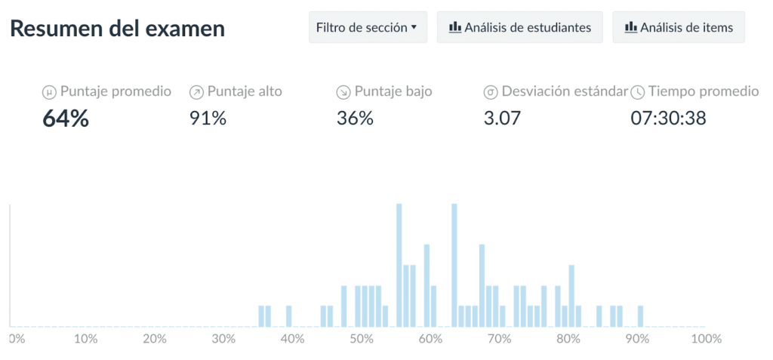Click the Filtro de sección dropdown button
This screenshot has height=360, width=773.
pos(367,28)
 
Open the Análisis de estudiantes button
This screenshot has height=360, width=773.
pos(519,28)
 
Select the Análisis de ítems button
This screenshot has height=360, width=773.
pos(678,28)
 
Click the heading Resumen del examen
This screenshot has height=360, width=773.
pos(117,29)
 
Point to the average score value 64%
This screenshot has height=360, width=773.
pos(66,118)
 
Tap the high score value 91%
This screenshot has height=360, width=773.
pos(208,118)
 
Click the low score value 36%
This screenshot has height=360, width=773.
pos(355,118)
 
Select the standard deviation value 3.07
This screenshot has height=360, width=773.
pos(502,118)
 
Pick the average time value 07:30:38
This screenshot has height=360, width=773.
pos(668,118)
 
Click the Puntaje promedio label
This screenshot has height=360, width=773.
pos(115,91)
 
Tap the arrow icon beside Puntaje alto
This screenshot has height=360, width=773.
pos(196,92)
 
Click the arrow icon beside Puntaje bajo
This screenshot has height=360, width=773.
pos(343,92)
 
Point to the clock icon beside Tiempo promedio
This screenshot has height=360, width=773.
pos(638,92)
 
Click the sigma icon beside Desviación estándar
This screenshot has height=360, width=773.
pos(490,92)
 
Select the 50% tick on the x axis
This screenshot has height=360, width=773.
pos(362,339)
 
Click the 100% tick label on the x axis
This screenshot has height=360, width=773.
pos(707,339)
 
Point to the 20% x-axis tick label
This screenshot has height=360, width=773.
pos(154,339)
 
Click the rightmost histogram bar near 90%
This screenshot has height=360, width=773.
pos(640,316)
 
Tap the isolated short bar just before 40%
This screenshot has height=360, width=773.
pos(288,316)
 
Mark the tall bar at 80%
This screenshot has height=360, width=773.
pos(571,296)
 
